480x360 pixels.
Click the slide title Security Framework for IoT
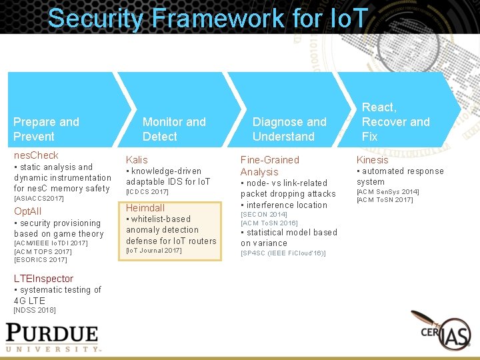point(207,18)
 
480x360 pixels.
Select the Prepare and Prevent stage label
point(46,129)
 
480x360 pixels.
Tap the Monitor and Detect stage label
point(174,129)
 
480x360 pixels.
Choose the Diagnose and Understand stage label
point(289,129)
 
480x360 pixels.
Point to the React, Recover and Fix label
point(395,122)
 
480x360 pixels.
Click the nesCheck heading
point(36,155)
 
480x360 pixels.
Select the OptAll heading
point(28,211)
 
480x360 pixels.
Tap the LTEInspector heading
point(43,279)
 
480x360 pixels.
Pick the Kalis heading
point(137,160)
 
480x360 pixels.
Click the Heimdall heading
point(145,208)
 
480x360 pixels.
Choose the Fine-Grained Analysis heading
point(269,166)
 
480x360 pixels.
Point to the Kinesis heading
point(372,160)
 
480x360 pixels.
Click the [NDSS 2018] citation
point(35,310)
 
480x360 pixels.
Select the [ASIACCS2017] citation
point(39,199)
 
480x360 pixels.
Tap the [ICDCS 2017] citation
point(147,192)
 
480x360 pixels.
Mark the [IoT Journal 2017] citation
point(154,251)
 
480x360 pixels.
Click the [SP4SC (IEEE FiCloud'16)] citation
point(283,253)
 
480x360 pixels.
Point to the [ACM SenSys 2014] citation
point(388,192)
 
